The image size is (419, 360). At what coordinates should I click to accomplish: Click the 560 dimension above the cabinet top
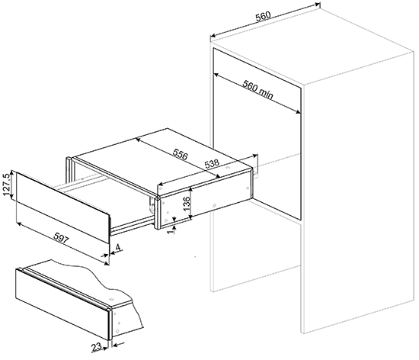[264, 16]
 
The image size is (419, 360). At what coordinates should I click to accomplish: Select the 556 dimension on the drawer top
[181, 154]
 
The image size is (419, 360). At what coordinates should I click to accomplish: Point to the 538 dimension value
[212, 163]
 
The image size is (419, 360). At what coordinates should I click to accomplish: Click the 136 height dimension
[187, 204]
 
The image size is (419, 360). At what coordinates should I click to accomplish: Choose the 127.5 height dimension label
[6, 185]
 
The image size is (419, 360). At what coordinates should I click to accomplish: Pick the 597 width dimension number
[62, 238]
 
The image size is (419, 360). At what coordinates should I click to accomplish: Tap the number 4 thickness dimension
[118, 248]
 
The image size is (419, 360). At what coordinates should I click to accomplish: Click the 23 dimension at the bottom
[97, 347]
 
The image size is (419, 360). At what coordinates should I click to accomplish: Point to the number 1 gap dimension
[171, 231]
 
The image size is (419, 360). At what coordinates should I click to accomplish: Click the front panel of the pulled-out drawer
[62, 207]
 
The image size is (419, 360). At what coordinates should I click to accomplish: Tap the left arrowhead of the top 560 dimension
[213, 36]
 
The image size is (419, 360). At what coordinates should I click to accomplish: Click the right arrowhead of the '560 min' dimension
[299, 112]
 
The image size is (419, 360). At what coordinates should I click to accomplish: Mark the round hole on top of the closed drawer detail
[112, 298]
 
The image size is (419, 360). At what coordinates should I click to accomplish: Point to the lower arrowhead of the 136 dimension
[190, 217]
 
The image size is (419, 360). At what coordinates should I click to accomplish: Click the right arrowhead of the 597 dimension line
[107, 263]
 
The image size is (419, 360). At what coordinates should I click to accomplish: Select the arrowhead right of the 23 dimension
[115, 346]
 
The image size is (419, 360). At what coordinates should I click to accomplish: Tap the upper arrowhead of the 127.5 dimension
[11, 172]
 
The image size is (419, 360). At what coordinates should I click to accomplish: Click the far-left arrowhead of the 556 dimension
[139, 139]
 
